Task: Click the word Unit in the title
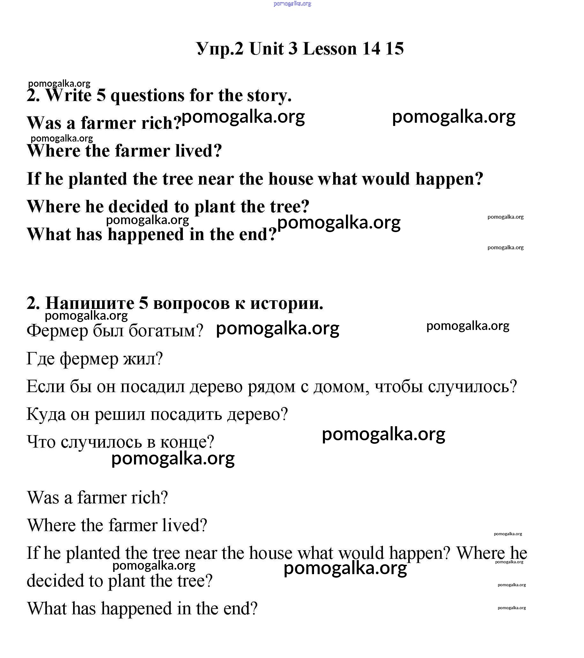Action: click(x=266, y=49)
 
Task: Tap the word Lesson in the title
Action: click(x=330, y=49)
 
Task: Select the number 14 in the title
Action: click(x=371, y=49)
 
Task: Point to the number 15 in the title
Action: click(x=394, y=49)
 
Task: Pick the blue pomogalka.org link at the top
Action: click(x=292, y=4)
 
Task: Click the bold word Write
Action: click(x=68, y=96)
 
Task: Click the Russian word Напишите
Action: click(x=90, y=303)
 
